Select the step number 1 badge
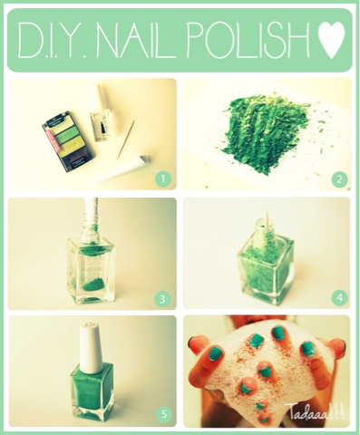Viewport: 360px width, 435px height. click(163, 179)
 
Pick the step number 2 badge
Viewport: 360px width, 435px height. click(339, 179)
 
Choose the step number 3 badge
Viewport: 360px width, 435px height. click(162, 299)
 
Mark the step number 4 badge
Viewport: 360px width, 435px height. click(339, 298)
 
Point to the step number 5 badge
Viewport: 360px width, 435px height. click(163, 414)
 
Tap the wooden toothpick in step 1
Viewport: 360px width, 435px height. click(126, 140)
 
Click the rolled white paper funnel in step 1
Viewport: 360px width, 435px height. click(121, 169)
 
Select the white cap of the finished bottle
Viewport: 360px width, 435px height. click(90, 348)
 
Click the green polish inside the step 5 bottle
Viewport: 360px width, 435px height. click(92, 388)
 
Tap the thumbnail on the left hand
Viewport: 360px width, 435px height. click(215, 353)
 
